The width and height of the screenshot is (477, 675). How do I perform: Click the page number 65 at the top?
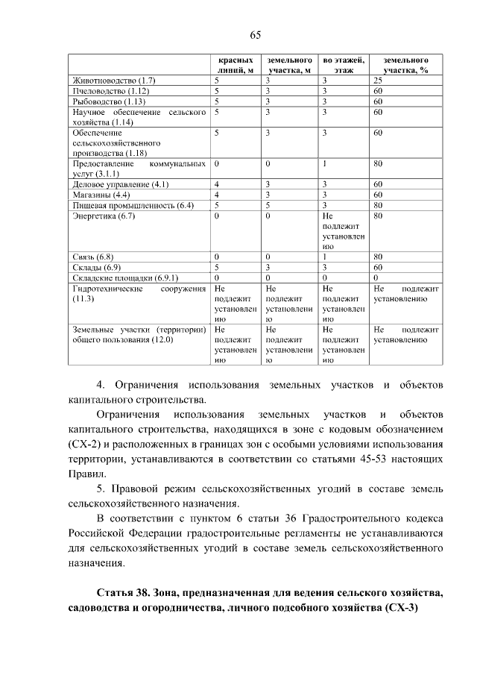pos(254,35)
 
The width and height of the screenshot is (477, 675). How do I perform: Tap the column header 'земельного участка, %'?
pos(405,65)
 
